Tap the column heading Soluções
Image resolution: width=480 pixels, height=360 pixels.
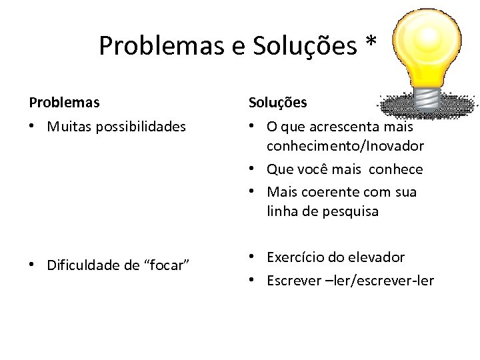(x=278, y=103)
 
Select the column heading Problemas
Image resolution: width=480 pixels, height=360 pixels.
(x=64, y=103)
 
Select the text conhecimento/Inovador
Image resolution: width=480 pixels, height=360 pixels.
(x=345, y=145)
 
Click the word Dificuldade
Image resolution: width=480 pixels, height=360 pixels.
(x=84, y=265)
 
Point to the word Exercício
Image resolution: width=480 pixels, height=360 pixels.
(x=296, y=257)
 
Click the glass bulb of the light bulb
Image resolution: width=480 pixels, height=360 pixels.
(x=427, y=43)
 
